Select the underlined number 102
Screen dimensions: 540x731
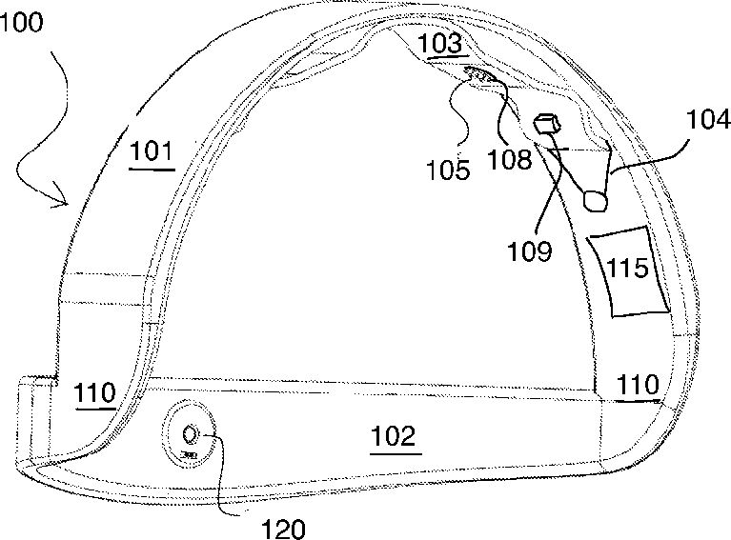[393, 437]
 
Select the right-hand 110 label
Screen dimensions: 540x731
[637, 385]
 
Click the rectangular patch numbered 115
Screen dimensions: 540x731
[628, 270]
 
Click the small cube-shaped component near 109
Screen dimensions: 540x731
[548, 124]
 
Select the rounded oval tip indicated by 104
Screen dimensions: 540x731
[596, 199]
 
